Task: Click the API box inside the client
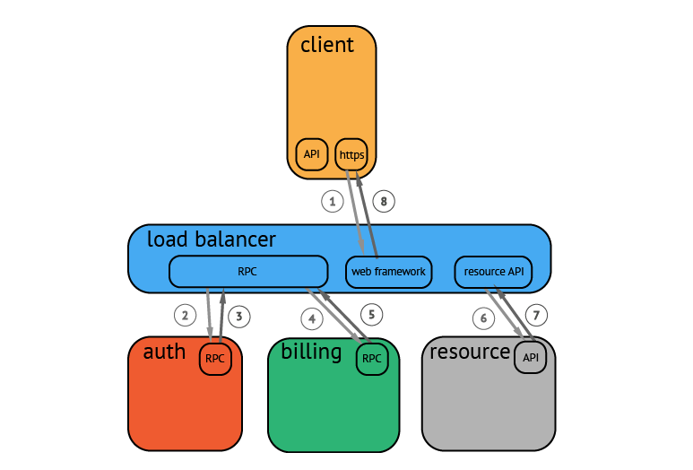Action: click(x=312, y=154)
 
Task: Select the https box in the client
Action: click(x=351, y=154)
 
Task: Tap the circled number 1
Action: click(x=333, y=202)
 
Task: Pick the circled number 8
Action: click(x=384, y=202)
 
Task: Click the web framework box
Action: click(x=388, y=272)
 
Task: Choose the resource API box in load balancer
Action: click(x=493, y=272)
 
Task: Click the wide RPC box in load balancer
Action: click(x=248, y=272)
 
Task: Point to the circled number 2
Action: click(x=186, y=315)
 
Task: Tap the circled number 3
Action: click(x=239, y=317)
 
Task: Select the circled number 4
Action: click(x=312, y=318)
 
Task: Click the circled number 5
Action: click(x=372, y=315)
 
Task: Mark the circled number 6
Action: click(x=483, y=318)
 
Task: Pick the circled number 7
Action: click(x=536, y=315)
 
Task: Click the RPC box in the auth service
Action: click(x=215, y=359)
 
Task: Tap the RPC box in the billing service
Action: click(x=372, y=359)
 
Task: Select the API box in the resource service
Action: click(x=531, y=357)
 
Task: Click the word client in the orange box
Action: click(x=327, y=45)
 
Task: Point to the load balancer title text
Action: click(x=212, y=239)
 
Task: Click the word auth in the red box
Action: click(x=164, y=352)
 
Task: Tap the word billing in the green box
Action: click(x=311, y=352)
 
